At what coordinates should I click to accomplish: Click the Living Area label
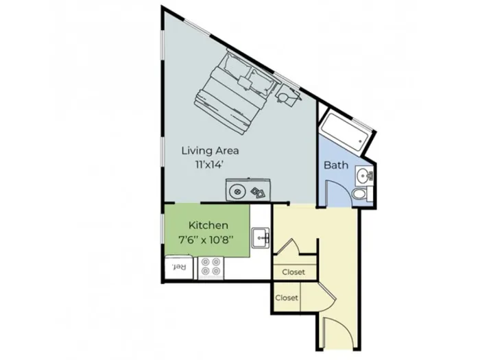coord(210,151)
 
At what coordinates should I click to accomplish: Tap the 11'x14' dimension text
coord(208,165)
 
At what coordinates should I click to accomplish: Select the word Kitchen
coord(208,226)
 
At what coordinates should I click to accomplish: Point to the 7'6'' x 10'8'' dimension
coord(206,239)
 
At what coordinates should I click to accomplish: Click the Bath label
coord(336,165)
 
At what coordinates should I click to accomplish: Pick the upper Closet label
coord(293,272)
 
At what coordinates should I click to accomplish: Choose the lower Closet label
coord(287,298)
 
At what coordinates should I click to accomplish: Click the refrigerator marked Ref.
coord(179,267)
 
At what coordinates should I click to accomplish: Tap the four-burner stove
coord(211,267)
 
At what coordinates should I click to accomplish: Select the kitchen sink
coord(261,237)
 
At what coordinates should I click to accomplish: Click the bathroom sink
coord(364,176)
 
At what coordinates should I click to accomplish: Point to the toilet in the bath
coord(362,194)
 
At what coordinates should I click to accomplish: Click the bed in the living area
coord(235,93)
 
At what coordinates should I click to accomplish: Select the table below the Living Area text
coord(248,190)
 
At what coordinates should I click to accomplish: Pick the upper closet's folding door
coord(288,246)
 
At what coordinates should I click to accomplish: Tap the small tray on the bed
coord(245,82)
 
